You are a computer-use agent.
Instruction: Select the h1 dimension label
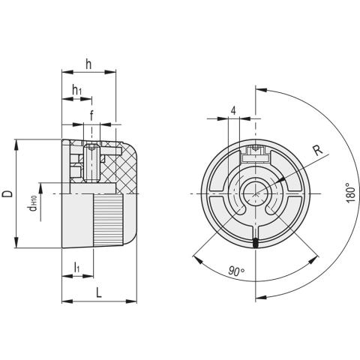pos(76,91)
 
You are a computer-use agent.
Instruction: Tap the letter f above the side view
pos(91,115)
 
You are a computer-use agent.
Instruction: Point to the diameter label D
pos(7,193)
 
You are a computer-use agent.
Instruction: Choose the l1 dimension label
pos(77,268)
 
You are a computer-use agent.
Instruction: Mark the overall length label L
pos(99,292)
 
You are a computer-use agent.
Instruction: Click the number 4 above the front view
pos(235,110)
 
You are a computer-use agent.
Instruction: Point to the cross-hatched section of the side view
pos(120,169)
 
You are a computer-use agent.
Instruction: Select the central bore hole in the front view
pos(256,195)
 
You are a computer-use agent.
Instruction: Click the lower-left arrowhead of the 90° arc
pos(195,258)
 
